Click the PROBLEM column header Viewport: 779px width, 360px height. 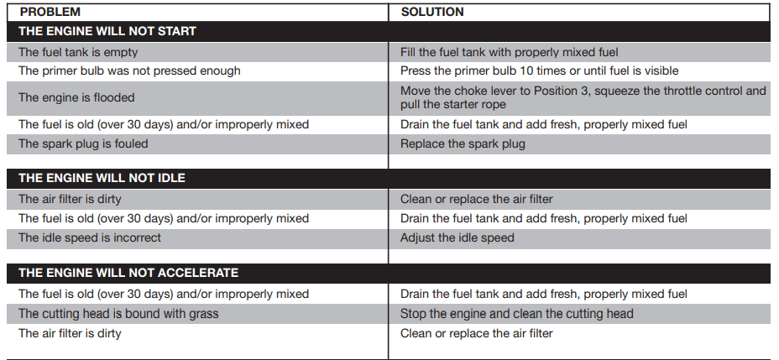click(x=50, y=13)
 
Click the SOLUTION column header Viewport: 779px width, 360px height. click(x=432, y=13)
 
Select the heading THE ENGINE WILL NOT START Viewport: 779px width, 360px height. click(x=107, y=32)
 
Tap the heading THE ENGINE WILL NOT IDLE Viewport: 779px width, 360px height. click(x=102, y=179)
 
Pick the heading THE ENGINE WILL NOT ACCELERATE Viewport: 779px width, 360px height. click(x=128, y=273)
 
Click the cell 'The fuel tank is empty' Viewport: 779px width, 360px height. click(x=78, y=52)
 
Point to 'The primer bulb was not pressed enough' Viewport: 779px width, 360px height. click(x=129, y=71)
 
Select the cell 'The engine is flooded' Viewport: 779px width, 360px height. click(x=76, y=97)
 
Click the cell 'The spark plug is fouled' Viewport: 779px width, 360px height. click(x=83, y=143)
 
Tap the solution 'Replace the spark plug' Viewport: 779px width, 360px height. click(x=463, y=143)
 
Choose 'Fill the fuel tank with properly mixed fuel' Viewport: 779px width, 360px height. click(x=510, y=52)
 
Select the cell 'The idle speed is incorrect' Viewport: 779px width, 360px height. click(x=90, y=237)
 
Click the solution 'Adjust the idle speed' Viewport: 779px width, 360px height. click(x=457, y=237)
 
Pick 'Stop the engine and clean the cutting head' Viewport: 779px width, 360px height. click(x=517, y=314)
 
